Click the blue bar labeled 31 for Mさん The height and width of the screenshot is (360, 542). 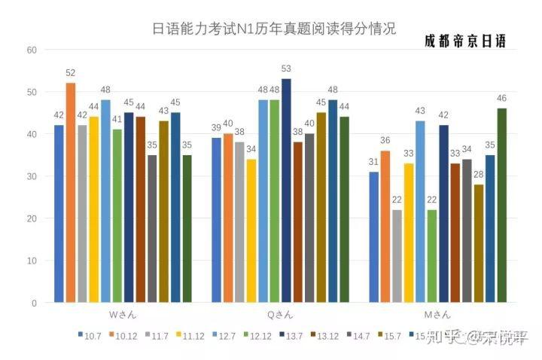click(x=374, y=237)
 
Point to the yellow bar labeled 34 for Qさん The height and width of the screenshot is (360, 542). click(x=251, y=230)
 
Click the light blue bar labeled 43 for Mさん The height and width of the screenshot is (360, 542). click(x=420, y=212)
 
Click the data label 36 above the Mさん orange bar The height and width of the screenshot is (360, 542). click(x=385, y=141)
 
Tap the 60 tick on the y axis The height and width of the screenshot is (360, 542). click(x=31, y=50)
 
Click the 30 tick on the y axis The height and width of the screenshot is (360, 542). click(x=31, y=176)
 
